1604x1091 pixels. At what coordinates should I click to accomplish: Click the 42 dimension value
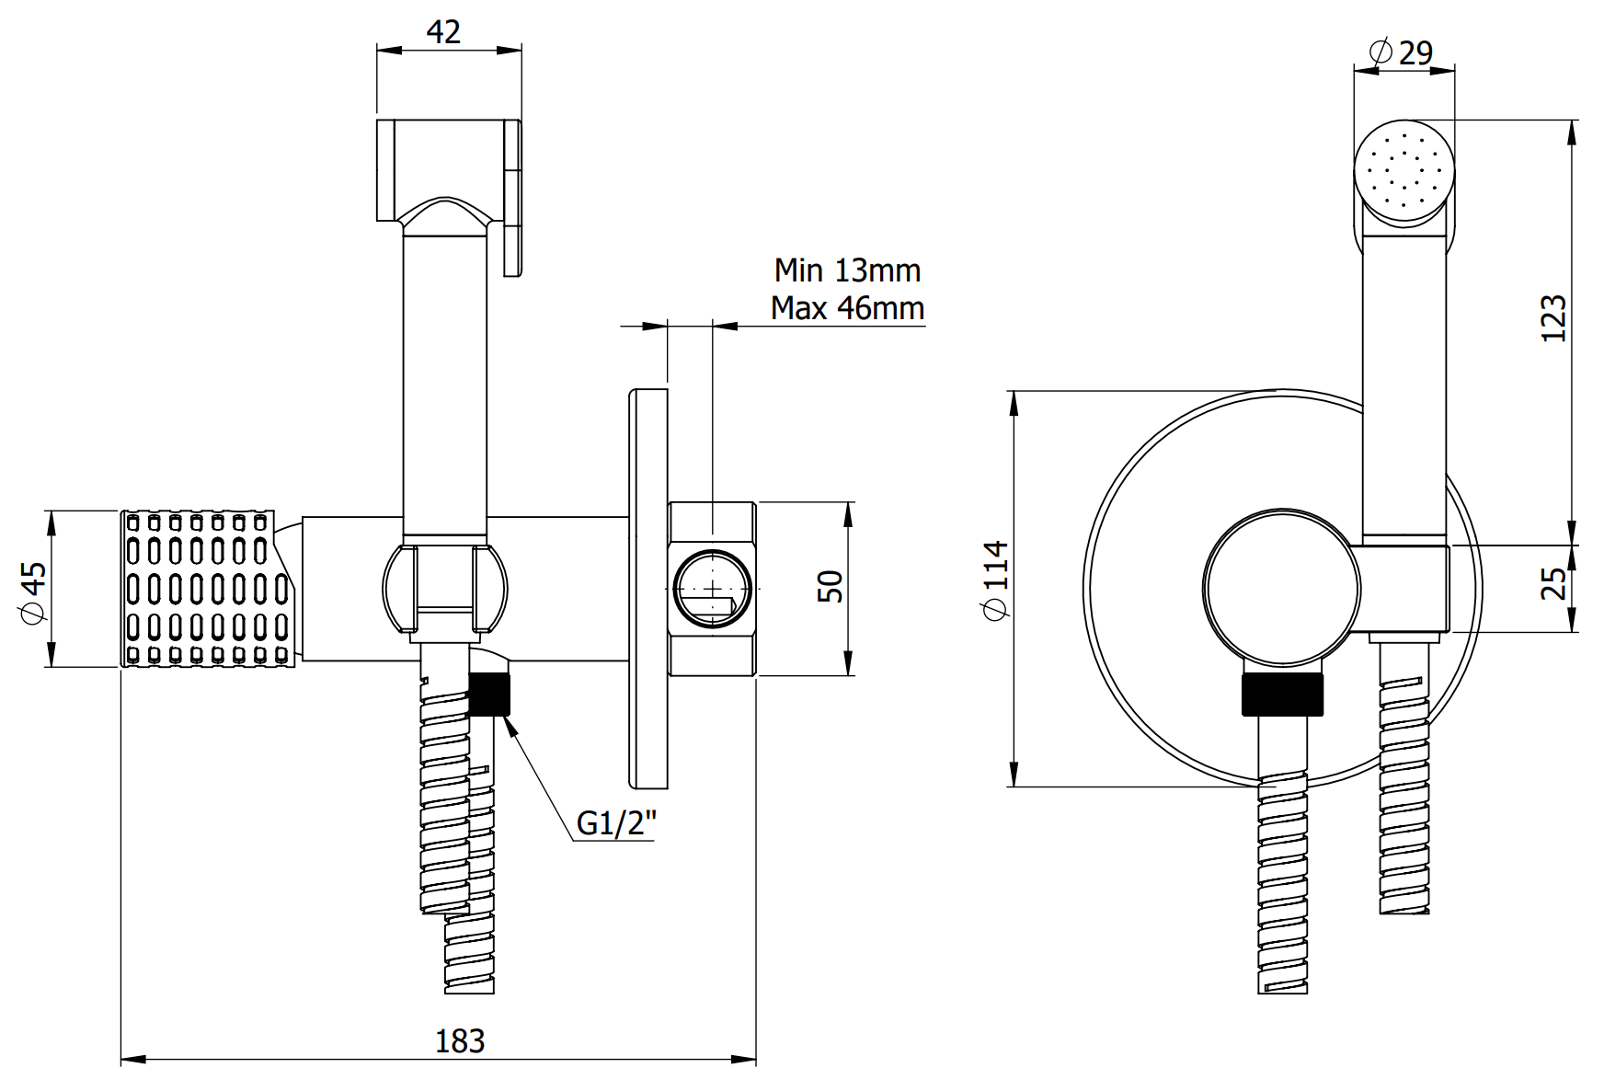pos(443,32)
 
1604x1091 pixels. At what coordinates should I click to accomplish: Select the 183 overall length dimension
pos(459,1040)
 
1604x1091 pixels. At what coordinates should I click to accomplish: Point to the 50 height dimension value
pos(830,586)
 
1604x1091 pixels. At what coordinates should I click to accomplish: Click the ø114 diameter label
pos(997,580)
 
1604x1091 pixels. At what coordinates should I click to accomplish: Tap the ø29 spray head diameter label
pos(1403,52)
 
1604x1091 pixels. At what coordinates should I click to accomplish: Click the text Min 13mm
pos(847,270)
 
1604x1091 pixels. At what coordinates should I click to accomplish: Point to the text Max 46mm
pos(847,307)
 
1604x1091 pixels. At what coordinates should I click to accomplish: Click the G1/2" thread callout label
pos(616,822)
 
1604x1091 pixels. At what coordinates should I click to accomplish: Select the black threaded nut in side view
pos(489,694)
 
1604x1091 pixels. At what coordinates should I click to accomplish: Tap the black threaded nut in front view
pos(1282,694)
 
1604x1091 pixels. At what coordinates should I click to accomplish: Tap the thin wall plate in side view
pos(648,589)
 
